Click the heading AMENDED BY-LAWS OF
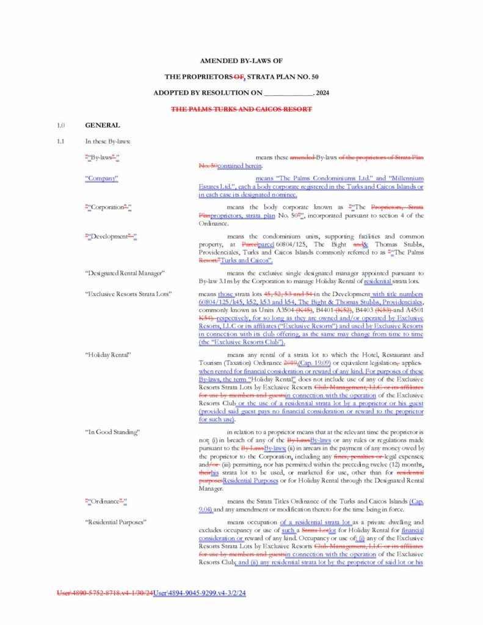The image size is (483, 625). click(x=241, y=61)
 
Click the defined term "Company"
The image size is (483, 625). click(x=101, y=178)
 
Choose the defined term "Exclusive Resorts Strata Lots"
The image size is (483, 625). click(x=128, y=294)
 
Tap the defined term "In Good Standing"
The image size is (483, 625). click(x=112, y=432)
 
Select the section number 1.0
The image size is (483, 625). click(x=60, y=126)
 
